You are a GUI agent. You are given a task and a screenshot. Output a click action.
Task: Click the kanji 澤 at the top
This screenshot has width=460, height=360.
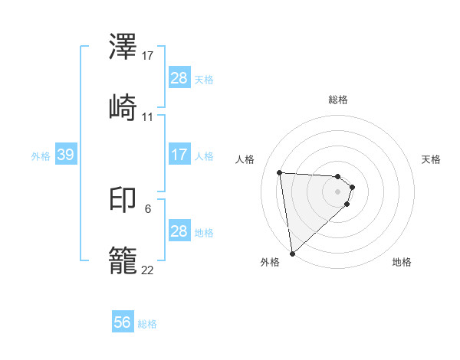pyautogui.click(x=123, y=47)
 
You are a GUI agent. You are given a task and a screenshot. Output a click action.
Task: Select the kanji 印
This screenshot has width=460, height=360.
pyautogui.click(x=123, y=201)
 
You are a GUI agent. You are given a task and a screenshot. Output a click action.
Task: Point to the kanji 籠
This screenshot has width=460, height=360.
pyautogui.click(x=123, y=260)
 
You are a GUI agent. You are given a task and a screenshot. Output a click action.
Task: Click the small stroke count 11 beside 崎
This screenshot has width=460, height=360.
pyautogui.click(x=148, y=116)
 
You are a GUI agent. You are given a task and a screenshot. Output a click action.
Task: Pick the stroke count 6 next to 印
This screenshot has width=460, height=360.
pyautogui.click(x=147, y=208)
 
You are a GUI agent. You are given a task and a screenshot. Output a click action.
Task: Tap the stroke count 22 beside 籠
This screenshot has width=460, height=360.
pyautogui.click(x=148, y=270)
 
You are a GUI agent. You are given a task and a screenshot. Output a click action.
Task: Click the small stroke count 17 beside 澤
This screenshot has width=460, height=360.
pyautogui.click(x=148, y=56)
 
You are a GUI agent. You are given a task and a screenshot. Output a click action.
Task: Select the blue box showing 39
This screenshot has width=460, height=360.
pyautogui.click(x=65, y=155)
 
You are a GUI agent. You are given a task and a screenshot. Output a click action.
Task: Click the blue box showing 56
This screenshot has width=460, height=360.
pyautogui.click(x=123, y=323)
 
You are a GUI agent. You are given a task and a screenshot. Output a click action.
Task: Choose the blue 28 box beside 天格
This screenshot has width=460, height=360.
pyautogui.click(x=179, y=78)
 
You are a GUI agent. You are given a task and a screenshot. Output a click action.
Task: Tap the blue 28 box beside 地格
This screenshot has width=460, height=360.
pyautogui.click(x=179, y=231)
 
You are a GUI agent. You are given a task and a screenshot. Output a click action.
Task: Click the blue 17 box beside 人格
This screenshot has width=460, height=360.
pyautogui.click(x=179, y=155)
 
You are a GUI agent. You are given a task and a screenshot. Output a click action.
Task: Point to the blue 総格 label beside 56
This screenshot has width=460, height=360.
pyautogui.click(x=147, y=324)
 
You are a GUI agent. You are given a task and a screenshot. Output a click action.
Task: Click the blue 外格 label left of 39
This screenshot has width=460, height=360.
pyautogui.click(x=41, y=155)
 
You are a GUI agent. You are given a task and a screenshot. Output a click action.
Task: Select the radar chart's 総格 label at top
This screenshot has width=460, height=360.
pyautogui.click(x=338, y=100)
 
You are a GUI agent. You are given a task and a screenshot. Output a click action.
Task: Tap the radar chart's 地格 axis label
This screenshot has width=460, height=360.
pyautogui.click(x=402, y=262)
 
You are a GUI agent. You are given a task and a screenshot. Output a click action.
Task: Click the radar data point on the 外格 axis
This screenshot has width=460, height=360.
pyautogui.click(x=292, y=253)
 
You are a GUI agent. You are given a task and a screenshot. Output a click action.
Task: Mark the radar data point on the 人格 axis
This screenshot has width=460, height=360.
pyautogui.click(x=280, y=172)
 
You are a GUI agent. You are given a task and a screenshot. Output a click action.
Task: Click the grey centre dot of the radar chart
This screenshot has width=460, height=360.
pyautogui.click(x=338, y=191)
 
